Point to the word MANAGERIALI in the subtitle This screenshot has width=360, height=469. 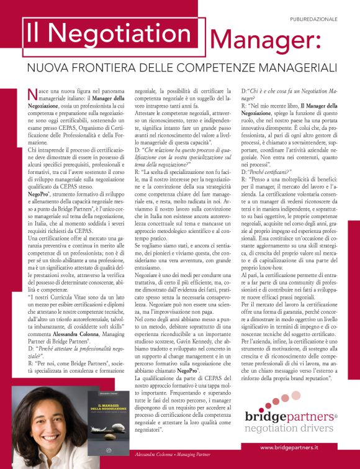click(295, 66)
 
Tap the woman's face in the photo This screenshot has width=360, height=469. click(43, 412)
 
